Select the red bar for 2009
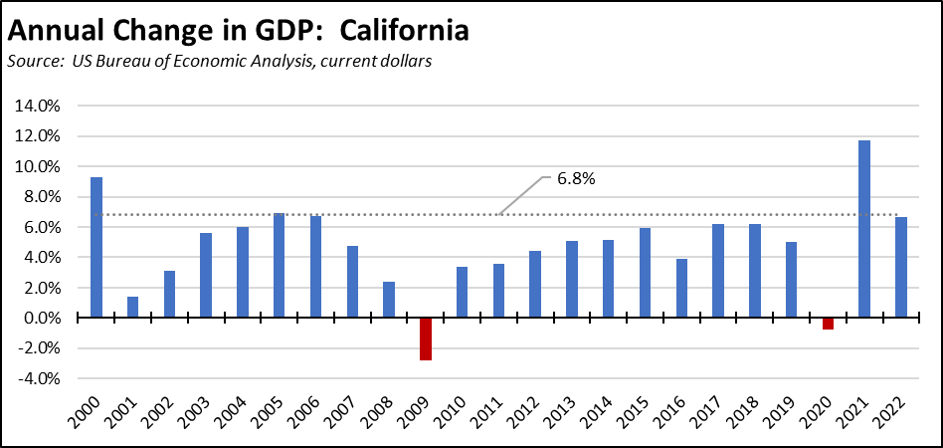point(426,338)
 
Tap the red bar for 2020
point(828,324)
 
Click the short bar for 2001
point(132,307)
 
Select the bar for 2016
point(681,288)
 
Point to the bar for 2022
point(901,267)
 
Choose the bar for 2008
point(389,300)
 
